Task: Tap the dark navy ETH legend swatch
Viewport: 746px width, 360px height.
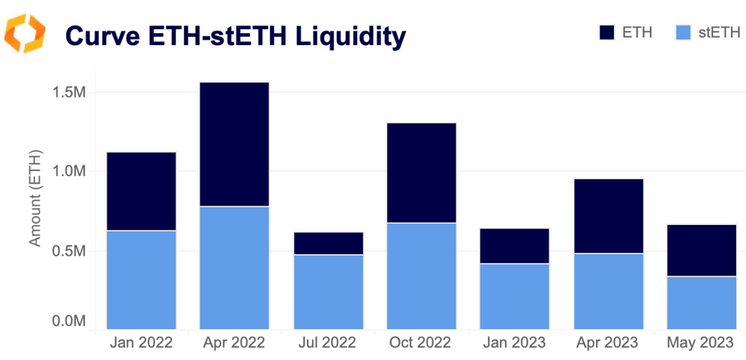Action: click(606, 32)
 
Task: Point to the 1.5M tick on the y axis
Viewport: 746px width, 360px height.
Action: click(69, 92)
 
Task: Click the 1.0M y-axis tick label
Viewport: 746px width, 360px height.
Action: click(69, 171)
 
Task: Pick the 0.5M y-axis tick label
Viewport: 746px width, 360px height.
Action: click(69, 250)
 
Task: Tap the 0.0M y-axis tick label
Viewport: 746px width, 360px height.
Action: click(69, 322)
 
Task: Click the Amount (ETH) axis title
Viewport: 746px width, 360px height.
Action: click(35, 198)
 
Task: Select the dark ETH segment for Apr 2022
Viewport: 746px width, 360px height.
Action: click(234, 144)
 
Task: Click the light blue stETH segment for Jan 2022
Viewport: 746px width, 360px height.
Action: click(141, 280)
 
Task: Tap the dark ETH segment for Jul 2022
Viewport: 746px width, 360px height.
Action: click(328, 243)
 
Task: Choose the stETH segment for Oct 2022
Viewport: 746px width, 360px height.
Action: click(421, 276)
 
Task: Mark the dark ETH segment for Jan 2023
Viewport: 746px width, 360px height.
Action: click(514, 246)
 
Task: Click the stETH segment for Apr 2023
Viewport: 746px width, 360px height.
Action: click(608, 291)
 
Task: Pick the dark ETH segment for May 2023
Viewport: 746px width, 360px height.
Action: click(701, 250)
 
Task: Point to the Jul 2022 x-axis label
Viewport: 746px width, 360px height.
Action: click(328, 343)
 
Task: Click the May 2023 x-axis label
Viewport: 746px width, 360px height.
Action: click(701, 343)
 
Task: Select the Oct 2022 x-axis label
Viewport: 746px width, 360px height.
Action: click(421, 343)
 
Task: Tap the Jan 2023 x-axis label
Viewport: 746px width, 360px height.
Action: click(514, 343)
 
